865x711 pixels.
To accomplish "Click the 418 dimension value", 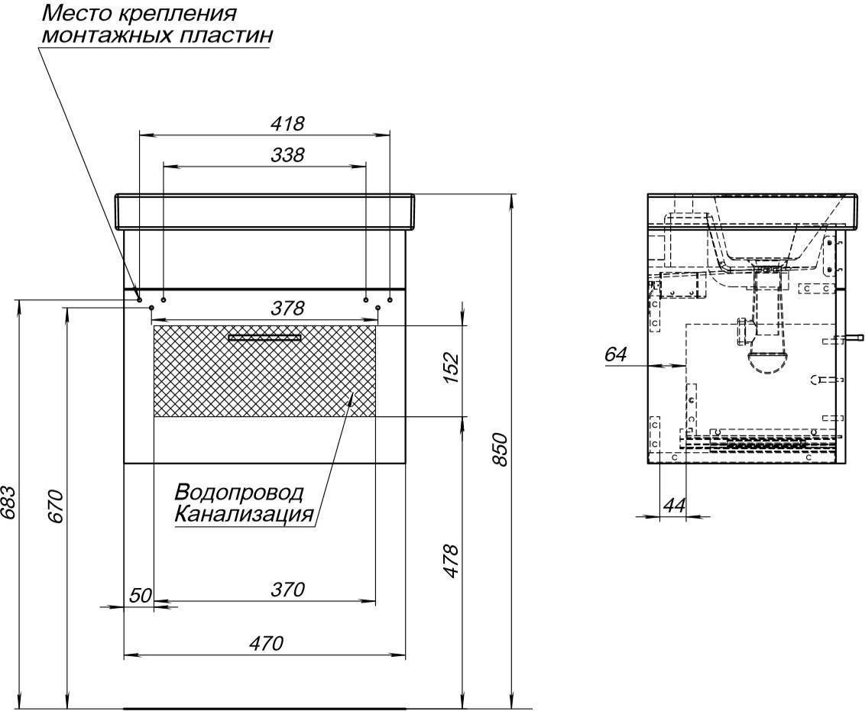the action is [287, 124].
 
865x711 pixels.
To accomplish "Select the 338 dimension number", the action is [287, 155].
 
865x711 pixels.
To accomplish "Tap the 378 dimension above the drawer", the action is [287, 308].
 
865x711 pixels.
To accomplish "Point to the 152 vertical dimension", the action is [451, 368].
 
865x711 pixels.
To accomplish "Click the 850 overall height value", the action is [499, 450].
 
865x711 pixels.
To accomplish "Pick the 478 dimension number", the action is [451, 561].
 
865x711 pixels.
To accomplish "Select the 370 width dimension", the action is [287, 590].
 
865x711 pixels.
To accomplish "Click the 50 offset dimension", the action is [141, 595].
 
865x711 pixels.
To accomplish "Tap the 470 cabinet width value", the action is [266, 643].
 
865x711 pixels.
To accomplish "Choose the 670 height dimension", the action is [57, 506].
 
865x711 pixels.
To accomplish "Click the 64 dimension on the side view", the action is [616, 354].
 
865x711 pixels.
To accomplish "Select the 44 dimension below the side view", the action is [674, 504].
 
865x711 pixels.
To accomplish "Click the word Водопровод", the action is [239, 492].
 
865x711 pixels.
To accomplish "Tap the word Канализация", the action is [244, 514].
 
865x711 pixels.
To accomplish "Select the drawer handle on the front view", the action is [265, 338].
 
